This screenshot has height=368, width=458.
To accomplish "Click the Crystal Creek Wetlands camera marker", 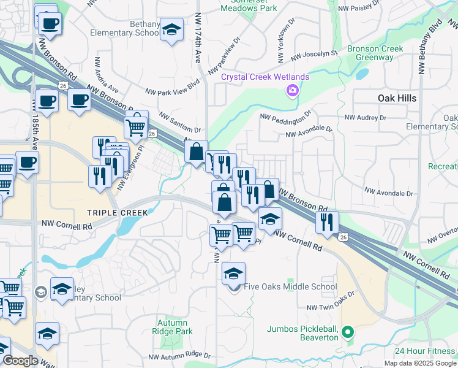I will [x=292, y=91].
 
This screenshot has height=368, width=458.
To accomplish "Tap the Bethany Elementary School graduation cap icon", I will [x=172, y=29].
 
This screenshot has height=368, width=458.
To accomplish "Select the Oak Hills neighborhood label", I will [x=397, y=98].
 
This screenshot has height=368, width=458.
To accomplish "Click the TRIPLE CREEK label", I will [x=117, y=213].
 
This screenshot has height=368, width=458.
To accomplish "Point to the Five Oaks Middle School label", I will [x=290, y=286].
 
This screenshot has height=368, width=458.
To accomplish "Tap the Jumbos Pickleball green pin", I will [x=348, y=333].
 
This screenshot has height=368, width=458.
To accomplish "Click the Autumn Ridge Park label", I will [x=175, y=327].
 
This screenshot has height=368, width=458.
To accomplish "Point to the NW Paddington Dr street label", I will [x=285, y=115].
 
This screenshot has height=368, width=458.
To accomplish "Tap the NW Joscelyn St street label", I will [x=314, y=55].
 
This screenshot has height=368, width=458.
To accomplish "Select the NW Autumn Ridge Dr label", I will [x=179, y=356].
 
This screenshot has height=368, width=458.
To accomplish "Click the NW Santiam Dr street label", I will [x=180, y=122].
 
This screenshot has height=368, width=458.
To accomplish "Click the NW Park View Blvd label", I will [x=173, y=88].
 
